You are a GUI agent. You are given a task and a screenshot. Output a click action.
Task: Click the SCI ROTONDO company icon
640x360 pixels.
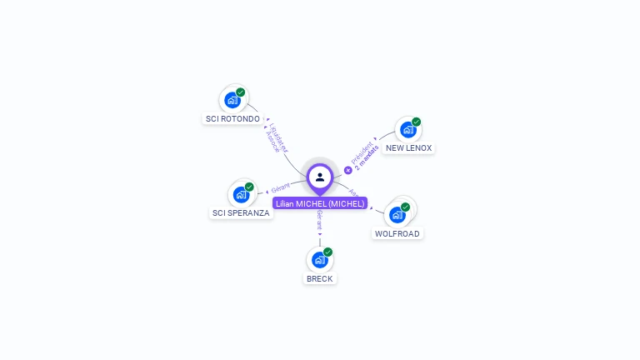(x=232, y=100)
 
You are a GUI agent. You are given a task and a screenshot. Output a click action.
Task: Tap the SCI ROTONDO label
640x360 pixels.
(x=232, y=119)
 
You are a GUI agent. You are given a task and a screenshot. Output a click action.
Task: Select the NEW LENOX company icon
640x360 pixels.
(x=408, y=129)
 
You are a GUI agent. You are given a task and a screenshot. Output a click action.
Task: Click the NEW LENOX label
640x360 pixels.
(x=408, y=148)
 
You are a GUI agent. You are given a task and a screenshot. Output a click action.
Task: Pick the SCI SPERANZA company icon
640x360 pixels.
(x=242, y=194)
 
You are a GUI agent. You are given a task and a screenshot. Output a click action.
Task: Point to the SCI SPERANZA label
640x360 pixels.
(x=241, y=213)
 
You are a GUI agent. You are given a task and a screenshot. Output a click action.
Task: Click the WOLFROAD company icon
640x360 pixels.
(x=397, y=214)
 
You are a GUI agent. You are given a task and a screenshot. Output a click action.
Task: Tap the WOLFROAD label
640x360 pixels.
(x=397, y=234)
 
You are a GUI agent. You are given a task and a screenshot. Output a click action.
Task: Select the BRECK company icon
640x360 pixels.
(x=320, y=259)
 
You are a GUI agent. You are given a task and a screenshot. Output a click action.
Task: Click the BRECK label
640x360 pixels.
(x=320, y=279)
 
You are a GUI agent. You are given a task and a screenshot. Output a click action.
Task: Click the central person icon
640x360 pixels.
(x=320, y=177)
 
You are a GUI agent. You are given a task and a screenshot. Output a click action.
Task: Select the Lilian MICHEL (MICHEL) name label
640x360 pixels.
(x=320, y=203)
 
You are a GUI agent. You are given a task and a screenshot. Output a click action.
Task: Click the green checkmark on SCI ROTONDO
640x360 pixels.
(x=241, y=92)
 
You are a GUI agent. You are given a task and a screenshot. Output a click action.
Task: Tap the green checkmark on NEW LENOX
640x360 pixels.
(x=417, y=122)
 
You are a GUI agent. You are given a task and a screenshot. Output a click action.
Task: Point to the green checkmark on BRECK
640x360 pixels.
(x=328, y=252)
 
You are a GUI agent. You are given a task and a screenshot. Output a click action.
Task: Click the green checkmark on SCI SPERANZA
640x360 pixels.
(x=250, y=187)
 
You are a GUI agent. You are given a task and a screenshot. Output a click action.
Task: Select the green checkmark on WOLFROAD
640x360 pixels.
(x=406, y=207)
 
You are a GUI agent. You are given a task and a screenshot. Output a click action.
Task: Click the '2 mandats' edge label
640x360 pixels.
(x=367, y=157)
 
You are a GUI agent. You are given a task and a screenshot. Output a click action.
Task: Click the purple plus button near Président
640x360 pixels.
(x=348, y=170)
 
